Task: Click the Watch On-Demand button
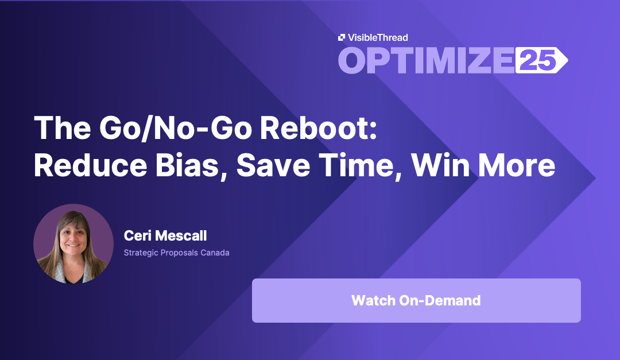pyautogui.click(x=416, y=300)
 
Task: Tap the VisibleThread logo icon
pyautogui.click(x=342, y=37)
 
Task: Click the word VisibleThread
pyautogui.click(x=377, y=37)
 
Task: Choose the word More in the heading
pyautogui.click(x=517, y=165)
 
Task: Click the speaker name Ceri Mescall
pyautogui.click(x=165, y=235)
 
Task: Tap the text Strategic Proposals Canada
pyautogui.click(x=176, y=253)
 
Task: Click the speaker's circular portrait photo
pyautogui.click(x=73, y=243)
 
